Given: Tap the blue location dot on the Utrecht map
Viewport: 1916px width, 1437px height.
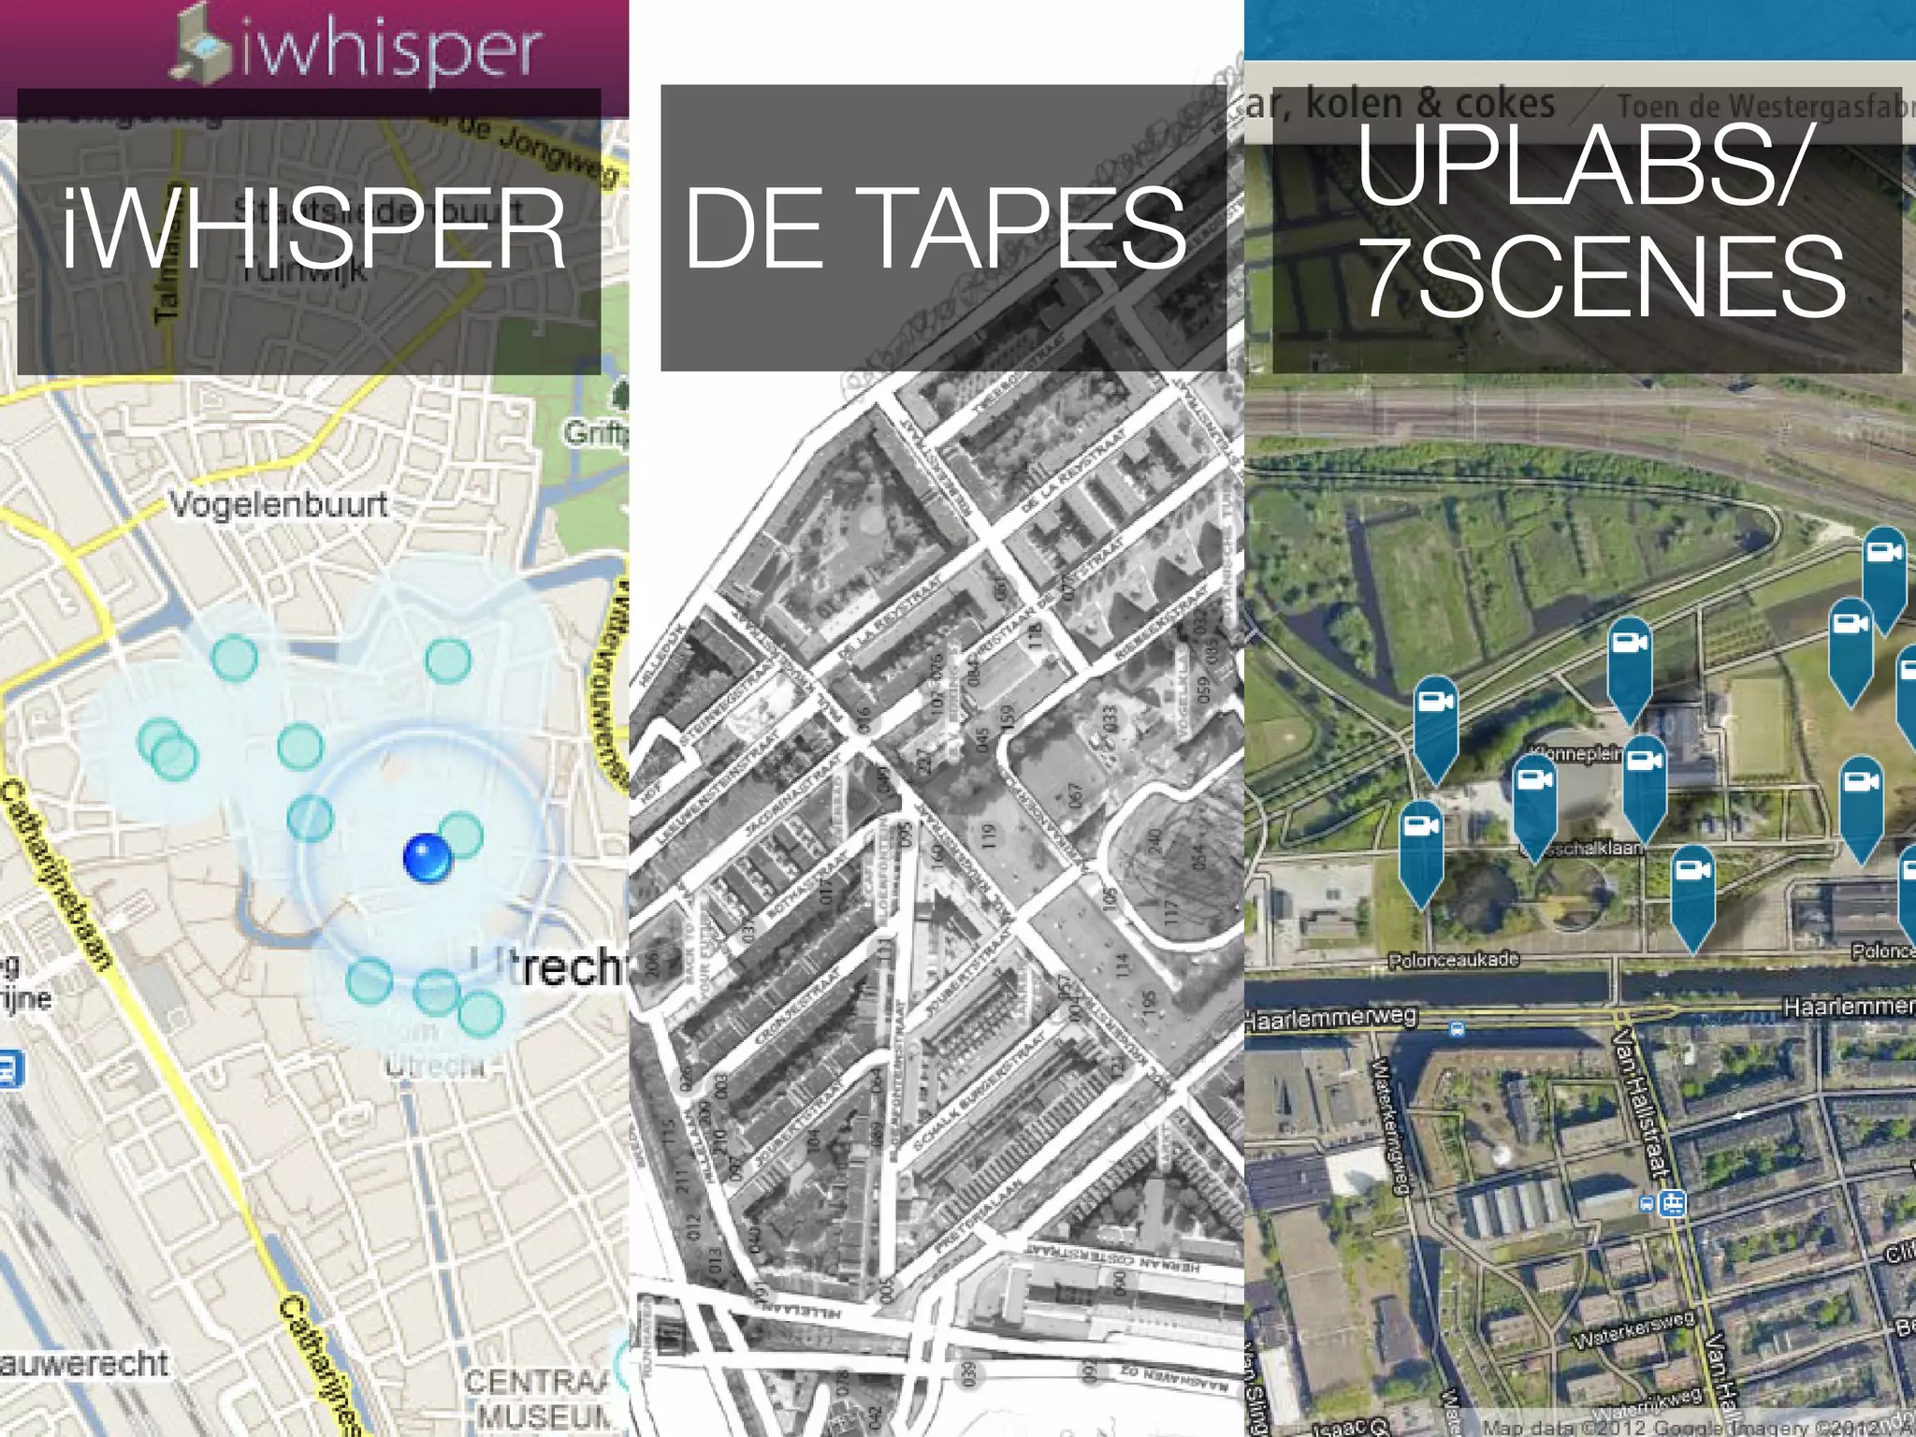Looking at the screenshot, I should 428,857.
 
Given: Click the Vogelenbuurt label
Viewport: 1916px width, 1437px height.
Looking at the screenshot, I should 278,505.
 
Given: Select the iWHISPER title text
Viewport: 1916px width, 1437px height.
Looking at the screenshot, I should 313,229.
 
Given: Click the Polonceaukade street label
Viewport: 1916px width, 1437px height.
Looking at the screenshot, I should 1453,961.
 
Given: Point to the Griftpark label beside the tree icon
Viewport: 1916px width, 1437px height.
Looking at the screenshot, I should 595,432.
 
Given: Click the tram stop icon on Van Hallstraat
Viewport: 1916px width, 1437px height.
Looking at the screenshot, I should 1672,1203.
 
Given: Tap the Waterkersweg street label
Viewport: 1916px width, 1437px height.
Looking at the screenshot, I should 1633,1329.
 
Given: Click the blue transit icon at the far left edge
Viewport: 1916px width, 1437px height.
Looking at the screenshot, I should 8,1068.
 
